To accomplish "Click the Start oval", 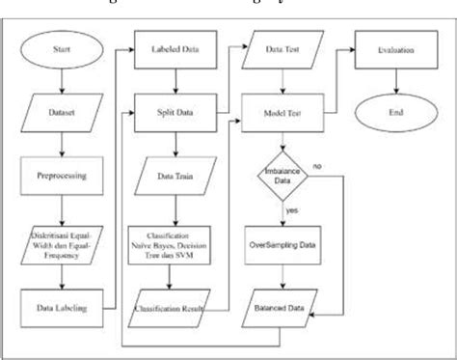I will [60, 48].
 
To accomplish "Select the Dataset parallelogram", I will [60, 113].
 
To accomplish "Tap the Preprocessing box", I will [60, 177].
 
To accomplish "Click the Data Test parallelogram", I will [282, 48].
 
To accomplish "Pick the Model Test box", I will [282, 112].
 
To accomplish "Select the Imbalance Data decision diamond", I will [282, 178].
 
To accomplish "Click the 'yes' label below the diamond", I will [291, 208].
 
